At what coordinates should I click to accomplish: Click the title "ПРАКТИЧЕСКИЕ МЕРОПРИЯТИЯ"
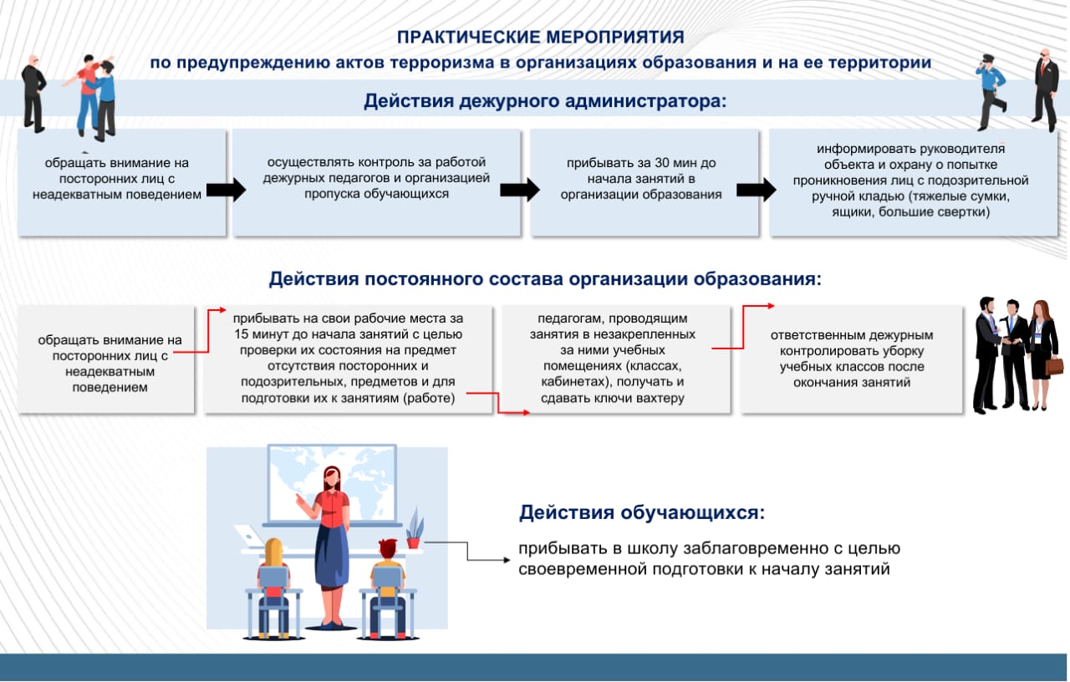click(x=540, y=38)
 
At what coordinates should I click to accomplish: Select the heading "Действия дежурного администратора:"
click(x=545, y=101)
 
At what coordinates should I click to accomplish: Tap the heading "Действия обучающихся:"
click(x=641, y=512)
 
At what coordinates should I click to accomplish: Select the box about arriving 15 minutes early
click(x=348, y=359)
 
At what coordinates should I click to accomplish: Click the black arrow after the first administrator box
click(x=226, y=190)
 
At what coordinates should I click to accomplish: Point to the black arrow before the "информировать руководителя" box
click(x=757, y=190)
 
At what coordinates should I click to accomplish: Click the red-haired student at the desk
click(x=387, y=577)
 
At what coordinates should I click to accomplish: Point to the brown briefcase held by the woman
click(x=1054, y=365)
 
